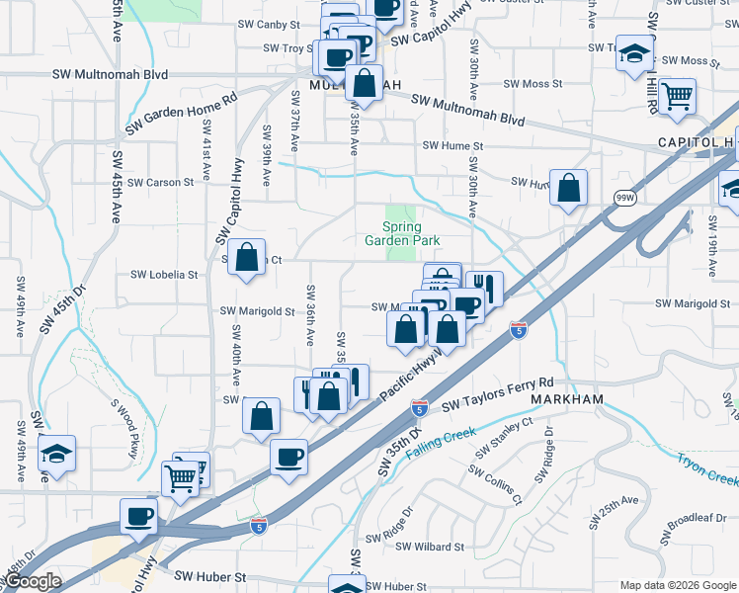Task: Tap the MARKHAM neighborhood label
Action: tap(566, 398)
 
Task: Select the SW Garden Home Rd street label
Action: tap(182, 115)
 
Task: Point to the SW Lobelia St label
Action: tap(165, 275)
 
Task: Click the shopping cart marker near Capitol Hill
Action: tap(678, 96)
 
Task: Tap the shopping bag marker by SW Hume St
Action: tap(569, 188)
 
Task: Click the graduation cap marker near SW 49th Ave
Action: tap(57, 454)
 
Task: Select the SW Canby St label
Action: tap(268, 24)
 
